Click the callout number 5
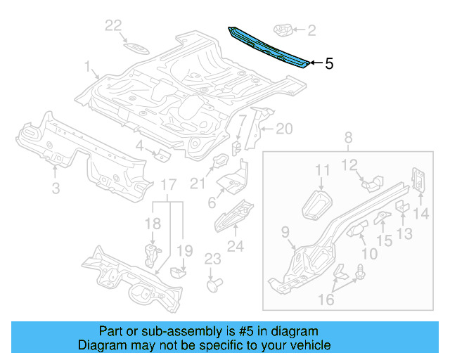click(x=329, y=64)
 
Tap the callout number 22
click(x=114, y=26)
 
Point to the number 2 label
click(x=311, y=30)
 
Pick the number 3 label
click(x=56, y=188)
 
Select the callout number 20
click(x=283, y=129)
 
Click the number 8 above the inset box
click(x=347, y=138)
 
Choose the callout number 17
click(x=168, y=185)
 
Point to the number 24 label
click(x=236, y=246)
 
